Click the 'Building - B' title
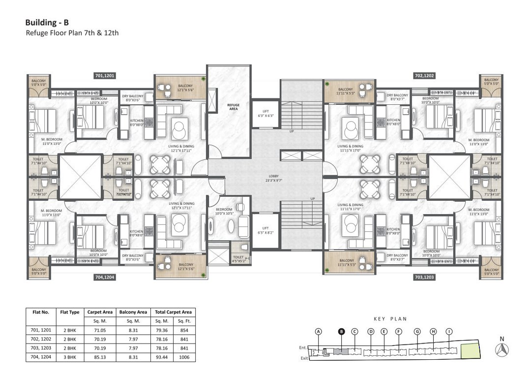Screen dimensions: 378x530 (47, 22)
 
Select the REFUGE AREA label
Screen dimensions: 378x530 (233, 107)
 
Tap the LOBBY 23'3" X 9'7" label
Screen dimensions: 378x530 (265, 178)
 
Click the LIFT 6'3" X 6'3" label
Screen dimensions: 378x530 (265, 112)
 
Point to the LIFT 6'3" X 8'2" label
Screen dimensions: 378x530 (265, 230)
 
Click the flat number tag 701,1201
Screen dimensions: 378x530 (105, 76)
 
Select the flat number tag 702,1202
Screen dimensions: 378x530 (424, 76)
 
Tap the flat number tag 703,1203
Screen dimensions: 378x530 (424, 278)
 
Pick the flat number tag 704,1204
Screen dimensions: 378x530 (105, 278)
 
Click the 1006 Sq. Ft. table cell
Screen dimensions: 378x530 (184, 357)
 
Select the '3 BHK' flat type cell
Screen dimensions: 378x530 (69, 357)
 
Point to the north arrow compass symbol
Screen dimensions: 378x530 (502, 349)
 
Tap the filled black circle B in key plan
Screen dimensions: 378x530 (340, 332)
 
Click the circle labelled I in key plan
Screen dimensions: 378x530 (449, 332)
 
